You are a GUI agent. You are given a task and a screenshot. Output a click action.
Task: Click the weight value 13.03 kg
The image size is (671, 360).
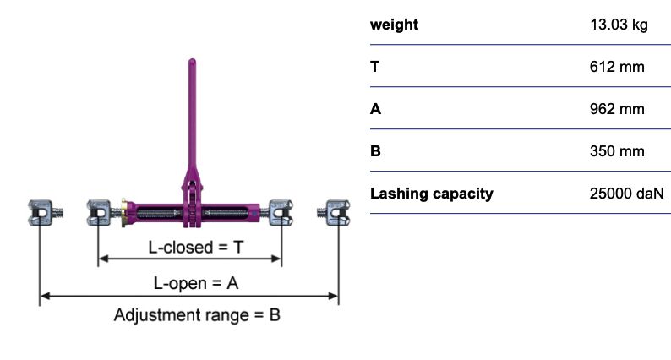click(619, 25)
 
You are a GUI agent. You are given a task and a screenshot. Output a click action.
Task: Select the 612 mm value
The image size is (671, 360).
click(617, 67)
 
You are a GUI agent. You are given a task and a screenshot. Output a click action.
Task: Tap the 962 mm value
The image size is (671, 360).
click(617, 109)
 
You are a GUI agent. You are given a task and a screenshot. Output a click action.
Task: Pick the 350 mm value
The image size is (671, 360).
click(617, 151)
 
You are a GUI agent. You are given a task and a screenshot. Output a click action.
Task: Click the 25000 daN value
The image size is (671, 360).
click(626, 194)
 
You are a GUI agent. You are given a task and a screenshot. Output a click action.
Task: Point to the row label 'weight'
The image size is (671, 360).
click(394, 25)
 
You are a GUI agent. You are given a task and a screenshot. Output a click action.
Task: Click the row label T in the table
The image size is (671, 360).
click(375, 67)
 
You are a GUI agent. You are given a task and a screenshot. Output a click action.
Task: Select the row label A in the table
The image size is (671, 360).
click(375, 109)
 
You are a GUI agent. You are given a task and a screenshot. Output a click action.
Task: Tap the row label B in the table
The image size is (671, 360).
click(375, 151)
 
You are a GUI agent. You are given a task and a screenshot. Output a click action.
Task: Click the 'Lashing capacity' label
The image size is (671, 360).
click(431, 194)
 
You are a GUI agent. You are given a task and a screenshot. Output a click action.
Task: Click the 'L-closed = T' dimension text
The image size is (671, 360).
click(195, 248)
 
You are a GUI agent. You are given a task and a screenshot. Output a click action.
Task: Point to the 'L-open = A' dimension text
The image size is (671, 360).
click(195, 283)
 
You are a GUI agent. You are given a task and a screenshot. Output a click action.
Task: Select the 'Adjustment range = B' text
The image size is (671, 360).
click(197, 315)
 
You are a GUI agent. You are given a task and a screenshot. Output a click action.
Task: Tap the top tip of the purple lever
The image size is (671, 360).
click(192, 60)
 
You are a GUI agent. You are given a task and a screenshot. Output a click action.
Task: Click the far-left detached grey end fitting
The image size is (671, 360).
click(45, 213)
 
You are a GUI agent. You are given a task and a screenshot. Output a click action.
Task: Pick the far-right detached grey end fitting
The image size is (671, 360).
click(334, 213)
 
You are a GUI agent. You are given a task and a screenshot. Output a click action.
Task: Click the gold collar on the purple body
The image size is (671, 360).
click(123, 212)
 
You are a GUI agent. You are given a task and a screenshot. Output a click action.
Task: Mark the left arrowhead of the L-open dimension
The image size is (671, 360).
click(45, 296)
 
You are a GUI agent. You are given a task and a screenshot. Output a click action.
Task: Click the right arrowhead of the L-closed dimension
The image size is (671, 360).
click(276, 259)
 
